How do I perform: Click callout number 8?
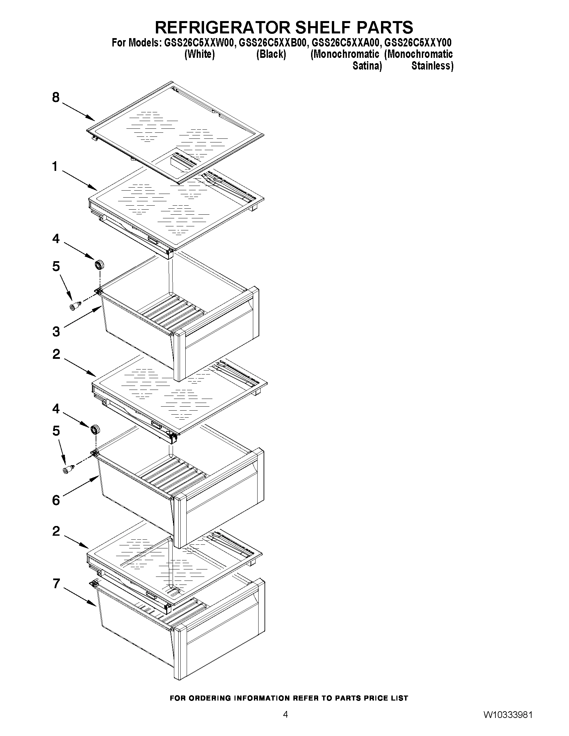pyautogui.click(x=56, y=98)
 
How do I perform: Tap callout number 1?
pyautogui.click(x=55, y=167)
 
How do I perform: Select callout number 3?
pyautogui.click(x=56, y=332)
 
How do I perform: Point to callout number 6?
pyautogui.click(x=56, y=501)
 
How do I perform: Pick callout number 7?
pyautogui.click(x=56, y=583)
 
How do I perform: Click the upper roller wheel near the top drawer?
pyautogui.click(x=99, y=265)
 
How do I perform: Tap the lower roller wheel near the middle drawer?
pyautogui.click(x=95, y=429)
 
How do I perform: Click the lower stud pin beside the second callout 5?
pyautogui.click(x=69, y=469)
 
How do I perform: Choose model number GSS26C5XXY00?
pyautogui.click(x=418, y=43)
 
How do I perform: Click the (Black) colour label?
pyautogui.click(x=271, y=55)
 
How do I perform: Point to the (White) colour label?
pyautogui.click(x=200, y=55)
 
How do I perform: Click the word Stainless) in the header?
pyautogui.click(x=433, y=66)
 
